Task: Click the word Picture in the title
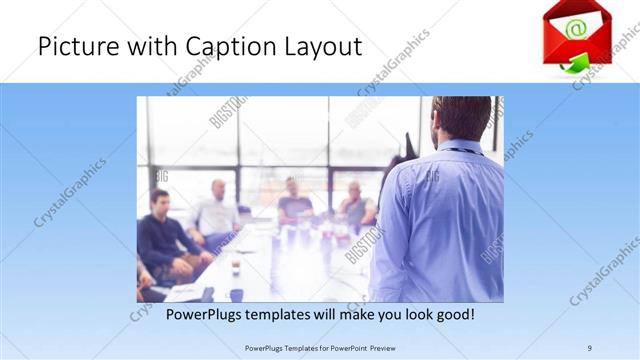point(73,47)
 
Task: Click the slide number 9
point(589,348)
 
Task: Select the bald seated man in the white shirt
point(217,213)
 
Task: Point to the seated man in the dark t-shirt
point(295,202)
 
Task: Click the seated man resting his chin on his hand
point(356,205)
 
